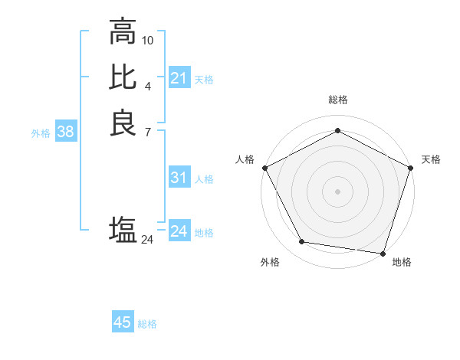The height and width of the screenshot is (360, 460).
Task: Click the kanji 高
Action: pos(123,32)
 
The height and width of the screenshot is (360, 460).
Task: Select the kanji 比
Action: pos(123,77)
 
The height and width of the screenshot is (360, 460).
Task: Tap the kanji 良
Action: pos(123,123)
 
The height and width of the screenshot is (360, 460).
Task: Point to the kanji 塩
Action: pos(123,229)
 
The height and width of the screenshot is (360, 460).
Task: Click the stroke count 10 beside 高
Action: pos(148,39)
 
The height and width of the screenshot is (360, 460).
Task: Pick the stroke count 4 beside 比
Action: pos(148,85)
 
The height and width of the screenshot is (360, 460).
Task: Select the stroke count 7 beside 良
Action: pos(148,131)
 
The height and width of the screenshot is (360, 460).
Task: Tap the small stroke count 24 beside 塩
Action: pos(148,240)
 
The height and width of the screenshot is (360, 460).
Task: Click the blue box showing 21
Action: pos(179,78)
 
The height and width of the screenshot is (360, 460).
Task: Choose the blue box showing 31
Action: pos(179,178)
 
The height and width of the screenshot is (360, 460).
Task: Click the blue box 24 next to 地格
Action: pos(179,231)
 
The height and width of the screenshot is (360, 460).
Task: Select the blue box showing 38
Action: pos(66,132)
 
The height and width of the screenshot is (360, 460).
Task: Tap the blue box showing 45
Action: pos(123,322)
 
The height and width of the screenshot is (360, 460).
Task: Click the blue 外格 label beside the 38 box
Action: pos(41,133)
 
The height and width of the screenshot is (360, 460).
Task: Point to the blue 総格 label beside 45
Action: pos(147,323)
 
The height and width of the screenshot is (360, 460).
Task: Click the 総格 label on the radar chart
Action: pos(337,100)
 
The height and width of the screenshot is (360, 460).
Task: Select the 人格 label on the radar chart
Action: pos(245,159)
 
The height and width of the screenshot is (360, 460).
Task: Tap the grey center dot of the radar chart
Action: pos(337,190)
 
